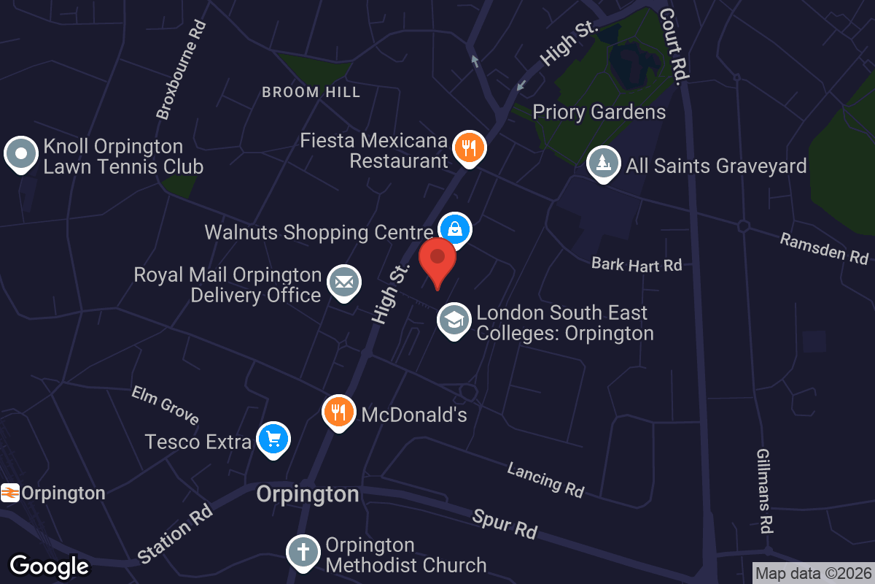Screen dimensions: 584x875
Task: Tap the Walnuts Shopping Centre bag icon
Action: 455,229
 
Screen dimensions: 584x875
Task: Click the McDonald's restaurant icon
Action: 338,412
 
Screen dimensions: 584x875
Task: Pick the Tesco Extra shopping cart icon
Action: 273,439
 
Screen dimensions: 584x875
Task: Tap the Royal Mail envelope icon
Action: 343,282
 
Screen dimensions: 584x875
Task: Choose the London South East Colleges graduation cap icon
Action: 454,320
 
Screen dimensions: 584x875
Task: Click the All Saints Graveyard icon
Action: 603,164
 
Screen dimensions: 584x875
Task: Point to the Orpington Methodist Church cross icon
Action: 303,553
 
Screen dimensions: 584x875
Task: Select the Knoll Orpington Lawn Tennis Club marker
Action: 21,154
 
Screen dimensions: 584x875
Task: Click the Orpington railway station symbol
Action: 10,493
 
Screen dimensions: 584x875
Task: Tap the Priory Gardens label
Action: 599,112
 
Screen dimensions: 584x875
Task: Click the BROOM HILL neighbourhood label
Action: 311,92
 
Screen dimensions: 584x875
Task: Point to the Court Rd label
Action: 674,44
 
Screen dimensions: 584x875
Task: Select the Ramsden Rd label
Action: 824,248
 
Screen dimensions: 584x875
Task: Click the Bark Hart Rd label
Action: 637,264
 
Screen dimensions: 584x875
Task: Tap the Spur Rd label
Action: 505,523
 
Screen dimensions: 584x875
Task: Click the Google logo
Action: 49,566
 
